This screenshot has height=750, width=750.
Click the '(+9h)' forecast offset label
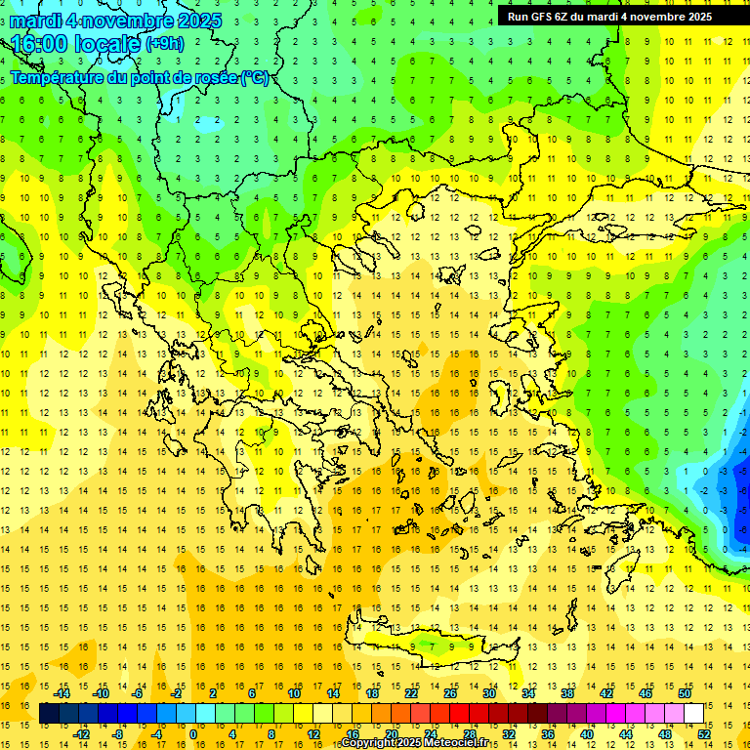(x=163, y=44)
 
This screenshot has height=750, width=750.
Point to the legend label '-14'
(x=62, y=693)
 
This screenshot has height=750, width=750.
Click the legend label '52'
(x=702, y=734)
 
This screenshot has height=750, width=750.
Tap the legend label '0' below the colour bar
(x=193, y=734)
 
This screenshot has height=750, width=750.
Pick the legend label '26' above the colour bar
(x=450, y=693)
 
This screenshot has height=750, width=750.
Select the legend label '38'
(x=566, y=693)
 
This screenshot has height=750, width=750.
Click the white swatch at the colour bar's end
(x=693, y=714)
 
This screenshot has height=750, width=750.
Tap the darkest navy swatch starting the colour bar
(x=49, y=714)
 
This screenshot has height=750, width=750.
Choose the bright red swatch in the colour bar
(x=459, y=714)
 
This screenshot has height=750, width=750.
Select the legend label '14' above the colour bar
(x=333, y=693)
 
